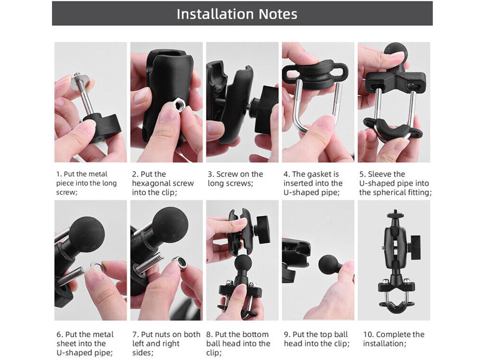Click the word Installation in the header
(215, 14)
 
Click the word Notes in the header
(278, 14)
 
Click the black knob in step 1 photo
(103, 126)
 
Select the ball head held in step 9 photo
(329, 265)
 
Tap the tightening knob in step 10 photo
(415, 248)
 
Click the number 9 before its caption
(286, 334)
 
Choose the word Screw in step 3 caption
(227, 174)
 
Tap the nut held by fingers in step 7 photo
(180, 263)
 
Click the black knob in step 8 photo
(264, 230)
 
